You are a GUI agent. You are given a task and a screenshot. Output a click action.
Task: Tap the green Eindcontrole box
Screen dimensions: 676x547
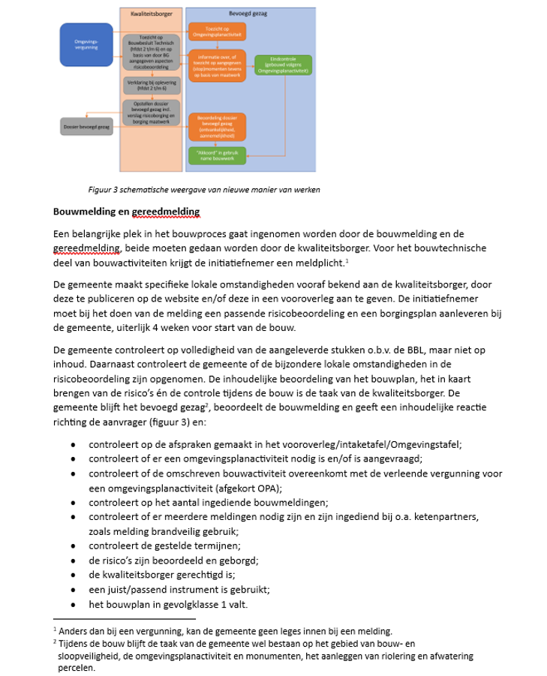tap(283, 65)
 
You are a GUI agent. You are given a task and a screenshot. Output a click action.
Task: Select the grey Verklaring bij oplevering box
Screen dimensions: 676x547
tap(152, 86)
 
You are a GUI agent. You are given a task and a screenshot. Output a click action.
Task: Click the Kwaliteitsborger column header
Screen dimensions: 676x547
tap(152, 14)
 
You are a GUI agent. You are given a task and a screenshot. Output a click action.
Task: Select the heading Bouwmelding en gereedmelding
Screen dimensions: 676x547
tap(125, 212)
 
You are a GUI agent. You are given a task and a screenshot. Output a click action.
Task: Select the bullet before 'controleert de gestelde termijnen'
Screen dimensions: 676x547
tap(73, 546)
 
